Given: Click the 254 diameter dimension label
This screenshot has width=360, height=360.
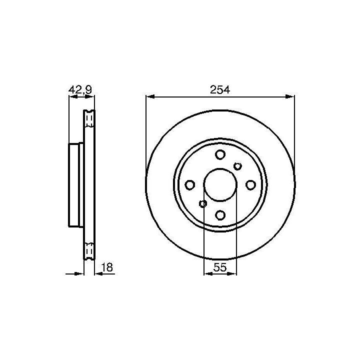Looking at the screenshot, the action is [x=220, y=90].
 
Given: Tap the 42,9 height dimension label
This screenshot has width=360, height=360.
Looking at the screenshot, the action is [x=80, y=89].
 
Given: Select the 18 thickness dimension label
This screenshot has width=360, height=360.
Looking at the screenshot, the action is [x=107, y=267].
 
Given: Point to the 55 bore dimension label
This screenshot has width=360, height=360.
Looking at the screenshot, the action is [x=220, y=267].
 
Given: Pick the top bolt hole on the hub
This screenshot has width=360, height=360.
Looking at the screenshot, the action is [x=220, y=154].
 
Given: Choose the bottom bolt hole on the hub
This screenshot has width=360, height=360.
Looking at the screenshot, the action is [x=220, y=215].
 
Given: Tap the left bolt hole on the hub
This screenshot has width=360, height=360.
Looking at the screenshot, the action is [x=190, y=185].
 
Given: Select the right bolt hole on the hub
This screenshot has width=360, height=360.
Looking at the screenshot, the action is [x=250, y=185].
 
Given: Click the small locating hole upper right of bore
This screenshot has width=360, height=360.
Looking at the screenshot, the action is [x=237, y=166].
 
